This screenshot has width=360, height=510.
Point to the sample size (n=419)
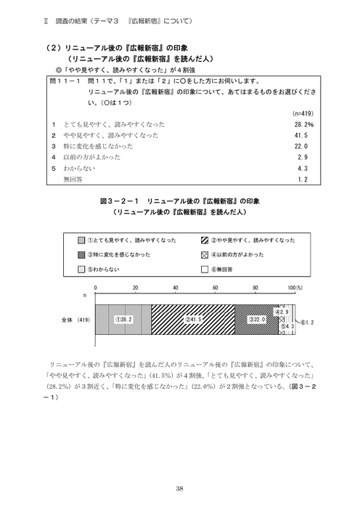tap(300, 114)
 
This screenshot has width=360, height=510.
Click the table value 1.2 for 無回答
tap(306, 177)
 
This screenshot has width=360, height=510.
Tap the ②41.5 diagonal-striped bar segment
tap(192, 319)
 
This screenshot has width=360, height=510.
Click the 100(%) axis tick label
tap(295, 288)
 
